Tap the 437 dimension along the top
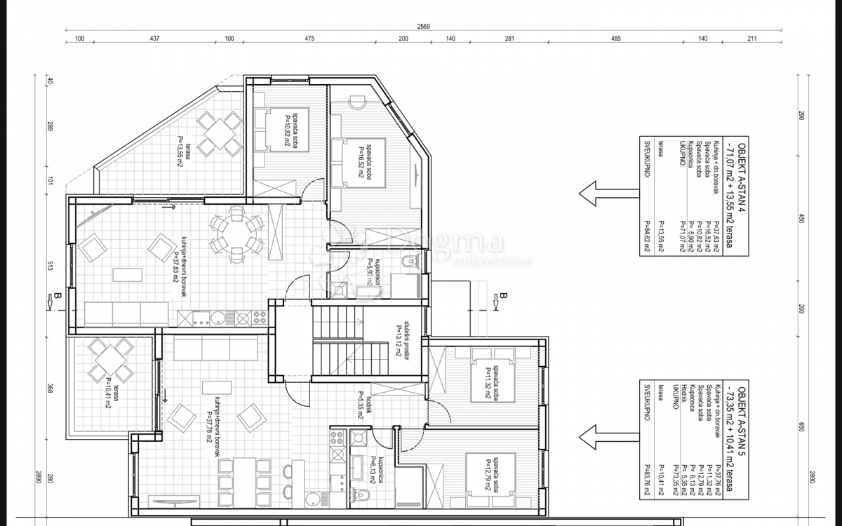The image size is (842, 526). (154, 39)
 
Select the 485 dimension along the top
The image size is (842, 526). (615, 39)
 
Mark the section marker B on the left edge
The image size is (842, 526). (58, 299)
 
